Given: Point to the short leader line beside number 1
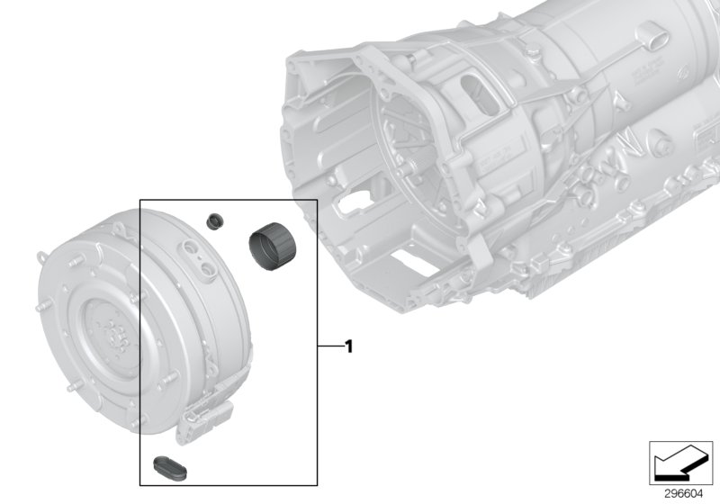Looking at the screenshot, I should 328,345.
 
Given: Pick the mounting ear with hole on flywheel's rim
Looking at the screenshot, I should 44,256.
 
